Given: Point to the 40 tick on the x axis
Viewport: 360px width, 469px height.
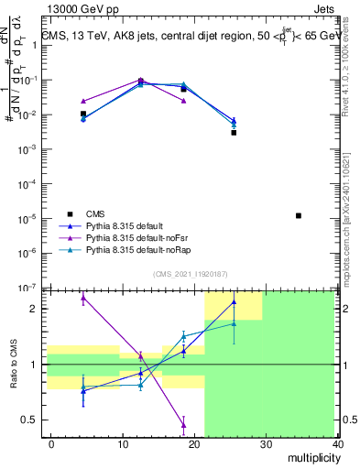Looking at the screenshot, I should point(338,443).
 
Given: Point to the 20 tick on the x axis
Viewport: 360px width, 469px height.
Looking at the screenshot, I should point(194,443).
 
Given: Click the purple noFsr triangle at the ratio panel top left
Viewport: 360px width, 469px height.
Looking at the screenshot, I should point(83,297).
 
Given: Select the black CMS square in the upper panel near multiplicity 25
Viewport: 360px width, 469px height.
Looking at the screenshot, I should point(234,133).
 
